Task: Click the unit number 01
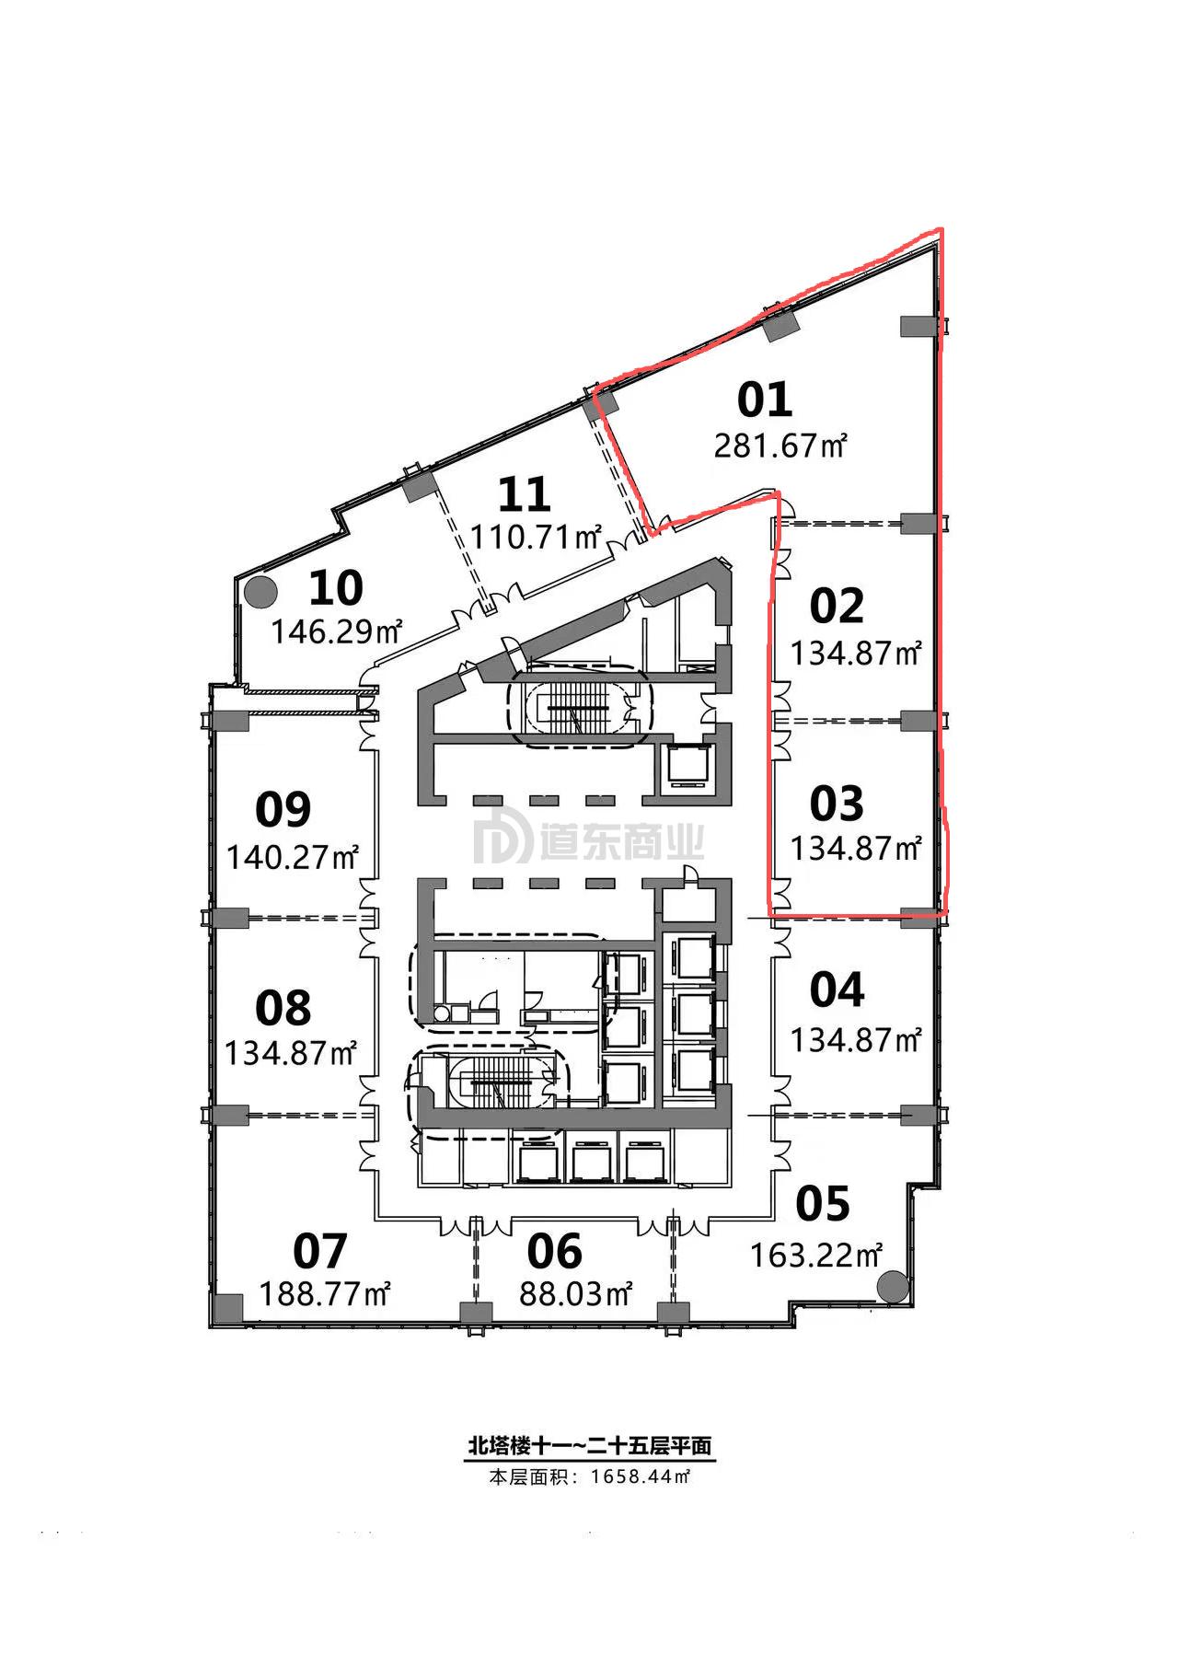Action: click(x=765, y=399)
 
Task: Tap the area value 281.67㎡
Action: click(x=780, y=446)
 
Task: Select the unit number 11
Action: click(x=525, y=494)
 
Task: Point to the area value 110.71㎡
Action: click(x=537, y=536)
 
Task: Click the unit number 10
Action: click(x=336, y=587)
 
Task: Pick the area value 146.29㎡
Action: click(x=337, y=631)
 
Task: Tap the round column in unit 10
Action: click(x=261, y=591)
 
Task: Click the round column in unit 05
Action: click(x=891, y=1286)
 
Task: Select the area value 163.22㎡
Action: click(x=817, y=1255)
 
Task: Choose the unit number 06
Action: click(x=555, y=1251)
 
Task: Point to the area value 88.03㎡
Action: click(x=576, y=1294)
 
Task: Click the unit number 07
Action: click(x=320, y=1251)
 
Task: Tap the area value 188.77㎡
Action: click(x=326, y=1294)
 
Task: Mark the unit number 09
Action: click(x=283, y=809)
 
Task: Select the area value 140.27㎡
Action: click(x=293, y=858)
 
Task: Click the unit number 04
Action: click(x=837, y=990)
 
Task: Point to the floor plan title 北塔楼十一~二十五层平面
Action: click(x=590, y=1446)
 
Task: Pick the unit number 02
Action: click(x=837, y=606)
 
